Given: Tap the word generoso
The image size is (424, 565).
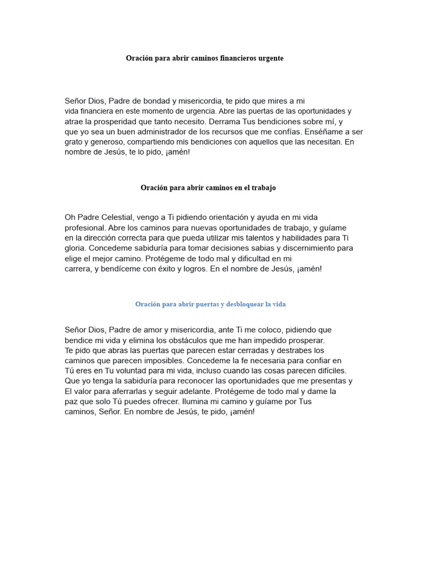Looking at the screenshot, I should [x=112, y=142].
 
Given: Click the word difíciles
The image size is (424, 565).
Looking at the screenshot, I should [x=328, y=371].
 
